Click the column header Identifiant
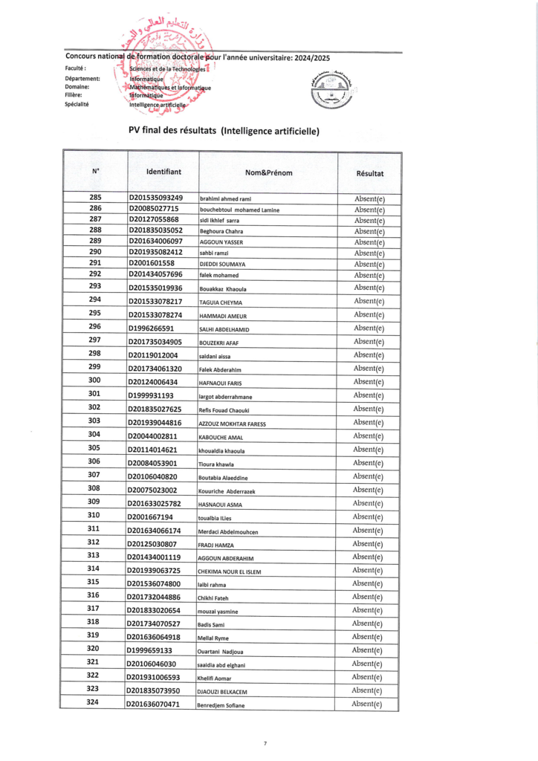coord(163,172)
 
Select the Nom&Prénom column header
coord(268,173)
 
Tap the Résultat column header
coord(370,173)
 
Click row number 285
coord(95,197)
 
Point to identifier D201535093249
coord(156,198)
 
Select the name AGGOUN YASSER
coord(221,242)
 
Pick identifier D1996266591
coord(152,328)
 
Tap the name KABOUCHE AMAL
coord(222,437)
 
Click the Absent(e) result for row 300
coord(369,382)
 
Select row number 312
coord(94,543)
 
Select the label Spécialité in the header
coord(77,105)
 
